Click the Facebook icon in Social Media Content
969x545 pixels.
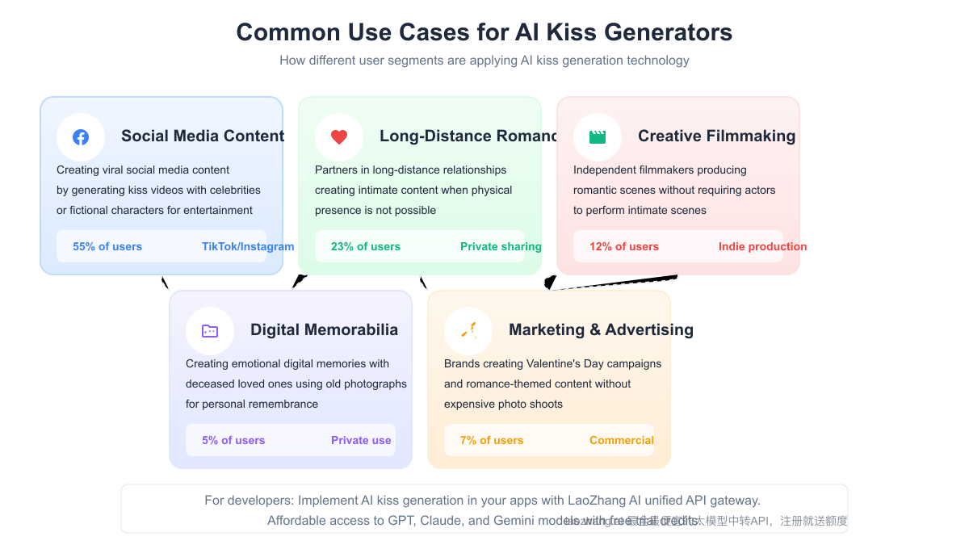point(81,137)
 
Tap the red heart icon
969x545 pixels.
point(339,137)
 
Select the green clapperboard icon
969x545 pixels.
point(598,137)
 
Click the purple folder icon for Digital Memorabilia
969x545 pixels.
point(210,331)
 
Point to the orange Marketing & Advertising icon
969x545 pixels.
point(468,330)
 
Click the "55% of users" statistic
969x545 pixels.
point(107,246)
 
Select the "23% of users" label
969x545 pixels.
point(366,246)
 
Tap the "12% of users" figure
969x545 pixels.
point(624,246)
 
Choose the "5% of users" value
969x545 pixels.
point(233,440)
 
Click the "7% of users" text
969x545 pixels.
point(492,440)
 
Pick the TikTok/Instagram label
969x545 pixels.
point(248,246)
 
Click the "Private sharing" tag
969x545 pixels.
point(501,246)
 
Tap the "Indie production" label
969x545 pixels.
point(762,246)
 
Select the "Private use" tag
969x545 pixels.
point(361,440)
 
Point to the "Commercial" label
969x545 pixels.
point(622,440)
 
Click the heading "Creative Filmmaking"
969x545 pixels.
point(716,136)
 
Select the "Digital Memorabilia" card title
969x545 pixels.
point(324,329)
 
